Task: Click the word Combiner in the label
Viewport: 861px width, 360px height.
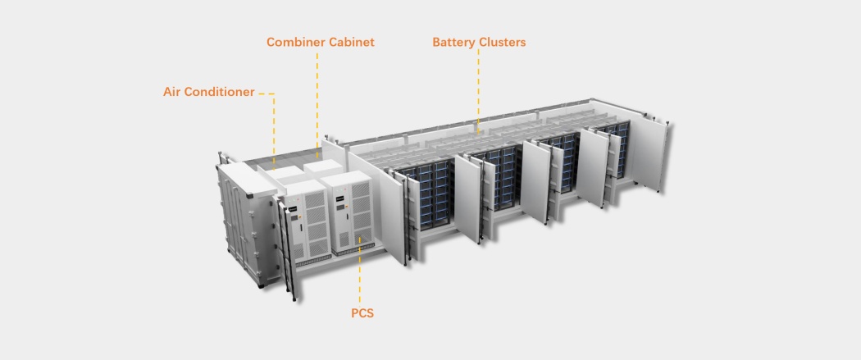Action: (x=295, y=43)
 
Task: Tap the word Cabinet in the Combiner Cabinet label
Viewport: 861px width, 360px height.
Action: (x=352, y=43)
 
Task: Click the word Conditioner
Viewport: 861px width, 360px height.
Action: (x=220, y=92)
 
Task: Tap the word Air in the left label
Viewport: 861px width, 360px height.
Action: (x=171, y=92)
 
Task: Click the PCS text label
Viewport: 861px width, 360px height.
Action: (x=362, y=313)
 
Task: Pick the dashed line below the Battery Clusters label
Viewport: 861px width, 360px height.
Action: (x=478, y=91)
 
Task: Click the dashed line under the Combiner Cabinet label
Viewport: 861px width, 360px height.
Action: (x=317, y=98)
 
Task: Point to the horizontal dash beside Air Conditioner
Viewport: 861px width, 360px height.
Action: (x=266, y=93)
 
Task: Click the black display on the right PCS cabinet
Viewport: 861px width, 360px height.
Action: (x=340, y=195)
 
